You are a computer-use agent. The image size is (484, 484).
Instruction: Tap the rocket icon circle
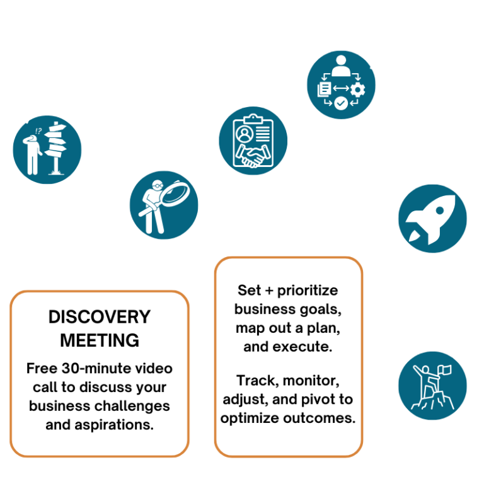click(x=433, y=218)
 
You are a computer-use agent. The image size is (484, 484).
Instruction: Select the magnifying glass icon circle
click(x=164, y=205)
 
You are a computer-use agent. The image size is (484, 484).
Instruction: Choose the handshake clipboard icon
click(x=252, y=141)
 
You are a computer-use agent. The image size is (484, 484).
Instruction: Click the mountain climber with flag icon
click(x=433, y=386)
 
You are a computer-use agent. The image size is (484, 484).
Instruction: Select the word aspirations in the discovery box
click(x=117, y=424)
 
